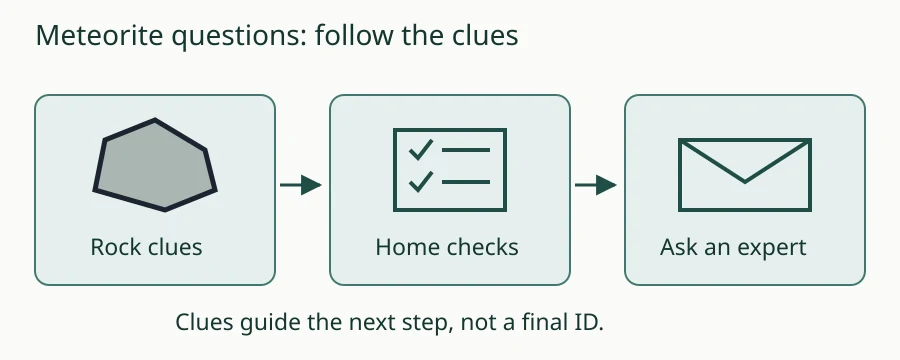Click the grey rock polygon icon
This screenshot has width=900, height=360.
point(155,165)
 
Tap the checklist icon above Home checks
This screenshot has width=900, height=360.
point(449,170)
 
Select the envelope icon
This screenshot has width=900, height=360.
point(744,175)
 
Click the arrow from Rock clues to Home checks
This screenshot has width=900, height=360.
point(301,185)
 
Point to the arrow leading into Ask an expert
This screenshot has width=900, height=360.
point(596,185)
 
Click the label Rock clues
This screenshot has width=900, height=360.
point(146,247)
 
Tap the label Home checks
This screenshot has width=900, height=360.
point(447,247)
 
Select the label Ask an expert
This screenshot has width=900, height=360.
point(733,247)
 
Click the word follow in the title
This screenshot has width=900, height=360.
point(354,36)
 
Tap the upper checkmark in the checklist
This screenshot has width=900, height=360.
point(421,150)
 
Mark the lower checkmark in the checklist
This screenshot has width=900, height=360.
point(421,182)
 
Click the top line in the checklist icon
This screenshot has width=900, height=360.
point(465,150)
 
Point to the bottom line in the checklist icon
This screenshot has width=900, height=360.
point(465,182)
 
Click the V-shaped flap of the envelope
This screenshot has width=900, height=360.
point(744,162)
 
